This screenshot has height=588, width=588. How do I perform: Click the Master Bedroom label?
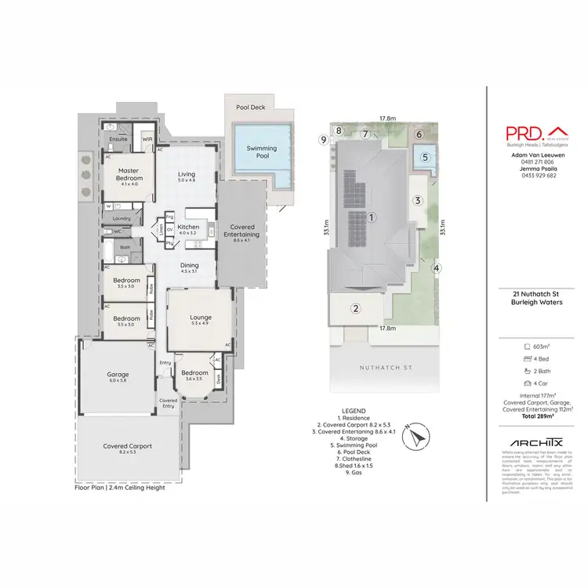[x=128, y=173]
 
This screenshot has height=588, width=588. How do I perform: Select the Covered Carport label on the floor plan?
[x=128, y=447]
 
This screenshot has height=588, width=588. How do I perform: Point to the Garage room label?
[x=118, y=375]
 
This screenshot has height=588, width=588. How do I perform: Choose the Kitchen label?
[x=189, y=227]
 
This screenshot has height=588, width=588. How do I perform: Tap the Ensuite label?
[x=118, y=139]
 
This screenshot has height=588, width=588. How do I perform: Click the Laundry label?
[x=122, y=218]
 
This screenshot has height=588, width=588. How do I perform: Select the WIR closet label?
[x=147, y=139]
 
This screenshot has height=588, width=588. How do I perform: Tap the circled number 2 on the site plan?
[x=355, y=308]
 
